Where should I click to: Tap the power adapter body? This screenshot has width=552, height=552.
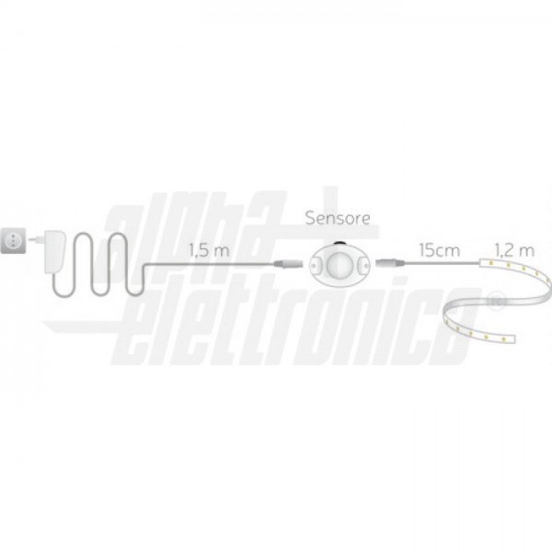54,251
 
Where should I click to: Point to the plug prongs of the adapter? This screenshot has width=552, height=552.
35,239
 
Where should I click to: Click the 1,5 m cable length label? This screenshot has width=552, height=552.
209,250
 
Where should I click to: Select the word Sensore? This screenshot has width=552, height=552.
338,218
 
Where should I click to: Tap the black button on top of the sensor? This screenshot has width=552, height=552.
339,243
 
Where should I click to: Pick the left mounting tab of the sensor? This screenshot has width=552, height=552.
316,265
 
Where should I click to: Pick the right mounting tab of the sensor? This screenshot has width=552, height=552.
362,263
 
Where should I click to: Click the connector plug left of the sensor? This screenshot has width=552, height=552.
288,263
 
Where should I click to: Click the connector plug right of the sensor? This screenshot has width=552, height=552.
390,262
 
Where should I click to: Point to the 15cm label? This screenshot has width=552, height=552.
440,250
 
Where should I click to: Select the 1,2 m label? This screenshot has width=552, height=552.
514,250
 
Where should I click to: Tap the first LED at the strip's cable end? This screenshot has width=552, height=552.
489,261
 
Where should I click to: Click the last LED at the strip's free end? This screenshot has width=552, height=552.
503,339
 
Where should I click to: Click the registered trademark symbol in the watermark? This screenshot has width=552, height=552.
496,300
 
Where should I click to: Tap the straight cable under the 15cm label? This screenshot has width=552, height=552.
443,263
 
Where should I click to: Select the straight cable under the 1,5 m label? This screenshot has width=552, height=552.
210,263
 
